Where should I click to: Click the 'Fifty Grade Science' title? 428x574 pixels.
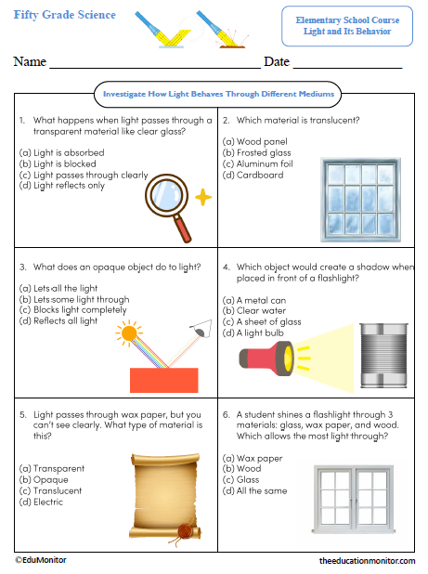click(65, 15)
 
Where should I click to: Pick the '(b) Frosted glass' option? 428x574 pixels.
click(256, 152)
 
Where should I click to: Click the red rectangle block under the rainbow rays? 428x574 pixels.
click(163, 380)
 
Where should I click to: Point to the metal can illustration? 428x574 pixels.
click(383, 357)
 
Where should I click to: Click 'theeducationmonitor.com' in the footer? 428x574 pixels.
click(367, 561)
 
